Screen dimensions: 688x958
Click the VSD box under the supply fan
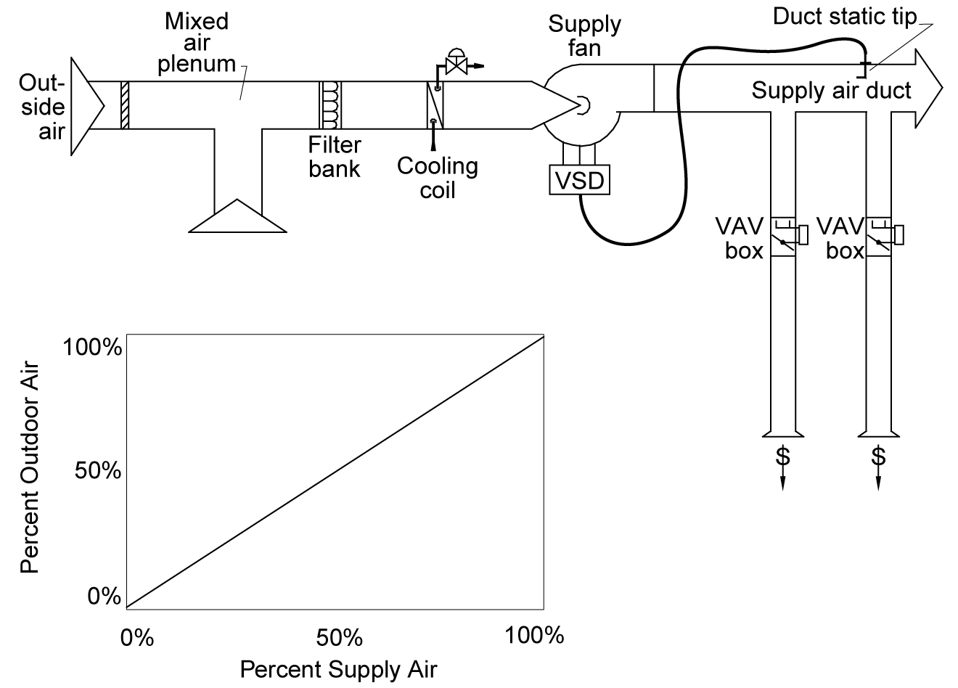(580, 179)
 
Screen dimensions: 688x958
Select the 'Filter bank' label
(334, 156)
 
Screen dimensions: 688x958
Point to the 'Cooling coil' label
(438, 177)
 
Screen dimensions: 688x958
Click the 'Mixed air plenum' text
(197, 42)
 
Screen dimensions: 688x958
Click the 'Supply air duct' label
(831, 91)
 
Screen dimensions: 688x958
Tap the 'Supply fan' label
(584, 36)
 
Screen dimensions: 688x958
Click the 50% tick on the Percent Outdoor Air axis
(97, 472)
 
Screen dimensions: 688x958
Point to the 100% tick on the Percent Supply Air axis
(534, 636)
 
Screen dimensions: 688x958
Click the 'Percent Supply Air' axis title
(338, 668)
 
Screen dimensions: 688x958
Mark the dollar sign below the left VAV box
(782, 456)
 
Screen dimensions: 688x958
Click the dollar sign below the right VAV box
(878, 456)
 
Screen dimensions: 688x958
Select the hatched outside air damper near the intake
(125, 105)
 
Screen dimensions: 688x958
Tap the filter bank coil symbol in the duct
(330, 105)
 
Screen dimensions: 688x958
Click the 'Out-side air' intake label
(43, 107)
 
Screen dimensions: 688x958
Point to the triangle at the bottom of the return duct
(237, 216)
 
